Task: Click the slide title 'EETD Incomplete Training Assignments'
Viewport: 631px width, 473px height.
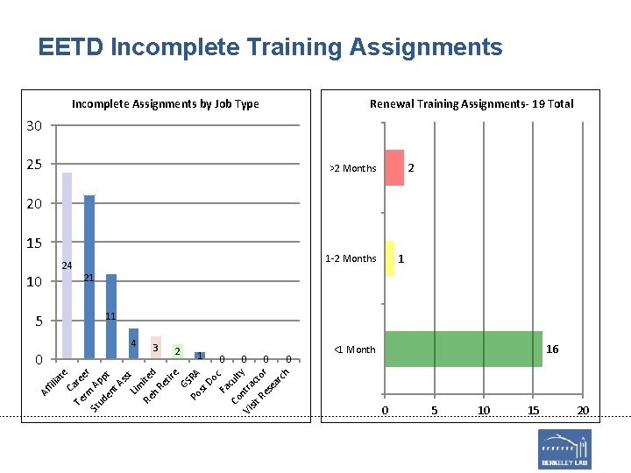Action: tap(270, 47)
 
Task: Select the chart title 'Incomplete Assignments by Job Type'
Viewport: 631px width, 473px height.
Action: tap(165, 103)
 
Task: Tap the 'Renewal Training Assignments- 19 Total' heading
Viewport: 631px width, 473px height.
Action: tap(471, 103)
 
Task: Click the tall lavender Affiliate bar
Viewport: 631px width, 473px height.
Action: tap(67, 265)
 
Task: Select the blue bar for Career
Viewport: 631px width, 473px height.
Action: tap(89, 277)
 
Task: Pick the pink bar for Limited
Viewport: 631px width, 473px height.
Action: tap(156, 348)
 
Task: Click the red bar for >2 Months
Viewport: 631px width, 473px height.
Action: tap(394, 167)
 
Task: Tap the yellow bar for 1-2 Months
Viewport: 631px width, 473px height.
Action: tap(390, 258)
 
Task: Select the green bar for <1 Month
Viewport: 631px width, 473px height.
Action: tap(464, 349)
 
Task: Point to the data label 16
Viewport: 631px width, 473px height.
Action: tap(552, 349)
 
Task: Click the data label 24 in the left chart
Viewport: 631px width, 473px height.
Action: tap(67, 265)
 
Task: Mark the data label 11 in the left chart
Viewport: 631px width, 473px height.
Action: tap(111, 316)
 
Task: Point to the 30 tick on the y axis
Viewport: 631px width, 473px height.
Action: tap(33, 126)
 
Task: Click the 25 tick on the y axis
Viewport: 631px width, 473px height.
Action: tap(33, 165)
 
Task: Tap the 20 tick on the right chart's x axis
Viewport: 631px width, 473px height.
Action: tap(582, 411)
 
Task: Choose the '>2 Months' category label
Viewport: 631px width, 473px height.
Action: tap(352, 168)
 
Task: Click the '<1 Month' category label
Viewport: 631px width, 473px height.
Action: tap(355, 349)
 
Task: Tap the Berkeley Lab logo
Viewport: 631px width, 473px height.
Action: tap(564, 448)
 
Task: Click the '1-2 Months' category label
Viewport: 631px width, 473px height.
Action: tap(351, 258)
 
